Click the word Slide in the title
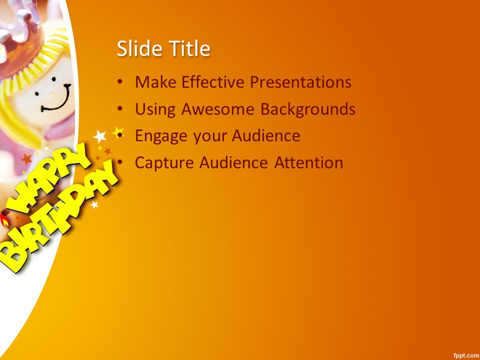coord(139,48)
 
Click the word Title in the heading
coord(190,48)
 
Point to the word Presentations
coord(300,82)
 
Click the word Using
coord(155,109)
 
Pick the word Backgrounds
coord(307,109)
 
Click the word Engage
coord(161,136)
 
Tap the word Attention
coord(308,162)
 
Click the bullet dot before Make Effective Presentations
coord(120,82)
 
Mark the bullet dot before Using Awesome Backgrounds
coord(120,109)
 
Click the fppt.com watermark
coord(466,355)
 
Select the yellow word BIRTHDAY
coord(58,217)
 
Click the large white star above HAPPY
coord(100,136)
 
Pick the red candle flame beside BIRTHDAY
coord(4,220)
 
